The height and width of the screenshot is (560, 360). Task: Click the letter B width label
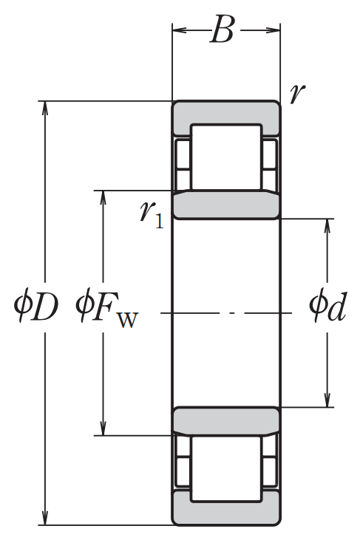[222, 30]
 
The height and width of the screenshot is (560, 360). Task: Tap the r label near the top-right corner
[297, 94]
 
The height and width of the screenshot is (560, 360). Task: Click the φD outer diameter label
[35, 307]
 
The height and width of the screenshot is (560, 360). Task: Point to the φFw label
[106, 310]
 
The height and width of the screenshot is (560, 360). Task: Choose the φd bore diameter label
[327, 307]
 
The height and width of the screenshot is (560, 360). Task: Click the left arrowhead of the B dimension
[180, 30]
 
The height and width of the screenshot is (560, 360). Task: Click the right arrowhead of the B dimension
[273, 30]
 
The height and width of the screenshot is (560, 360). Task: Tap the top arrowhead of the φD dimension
[45, 108]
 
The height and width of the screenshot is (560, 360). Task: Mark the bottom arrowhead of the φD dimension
[45, 518]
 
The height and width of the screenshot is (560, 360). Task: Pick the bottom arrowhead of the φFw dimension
[103, 428]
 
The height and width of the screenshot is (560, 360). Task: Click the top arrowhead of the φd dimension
[327, 226]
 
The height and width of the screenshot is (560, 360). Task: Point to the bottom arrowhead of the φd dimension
[327, 400]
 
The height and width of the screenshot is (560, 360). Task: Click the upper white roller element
[226, 157]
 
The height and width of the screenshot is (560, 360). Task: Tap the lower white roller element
[226, 469]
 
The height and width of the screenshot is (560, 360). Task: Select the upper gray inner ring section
[226, 205]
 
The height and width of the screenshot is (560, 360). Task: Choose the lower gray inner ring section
[226, 420]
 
